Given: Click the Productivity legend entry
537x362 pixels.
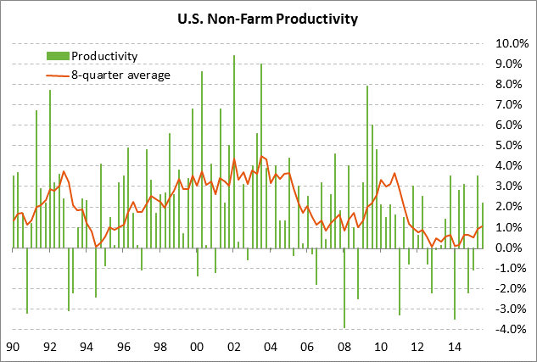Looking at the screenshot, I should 104,56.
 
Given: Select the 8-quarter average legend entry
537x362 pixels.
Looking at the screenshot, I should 120,75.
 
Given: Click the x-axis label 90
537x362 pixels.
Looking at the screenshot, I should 14,347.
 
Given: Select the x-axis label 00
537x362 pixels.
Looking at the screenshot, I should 198,347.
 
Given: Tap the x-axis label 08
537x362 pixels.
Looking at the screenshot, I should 344,347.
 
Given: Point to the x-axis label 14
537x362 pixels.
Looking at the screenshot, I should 456,347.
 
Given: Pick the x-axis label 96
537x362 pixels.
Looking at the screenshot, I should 124,347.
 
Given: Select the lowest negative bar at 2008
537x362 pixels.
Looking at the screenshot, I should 344,288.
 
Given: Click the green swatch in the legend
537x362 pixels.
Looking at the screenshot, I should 57,56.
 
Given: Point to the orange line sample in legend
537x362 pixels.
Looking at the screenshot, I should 57,75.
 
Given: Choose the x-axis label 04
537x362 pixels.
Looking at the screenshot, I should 271,347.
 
